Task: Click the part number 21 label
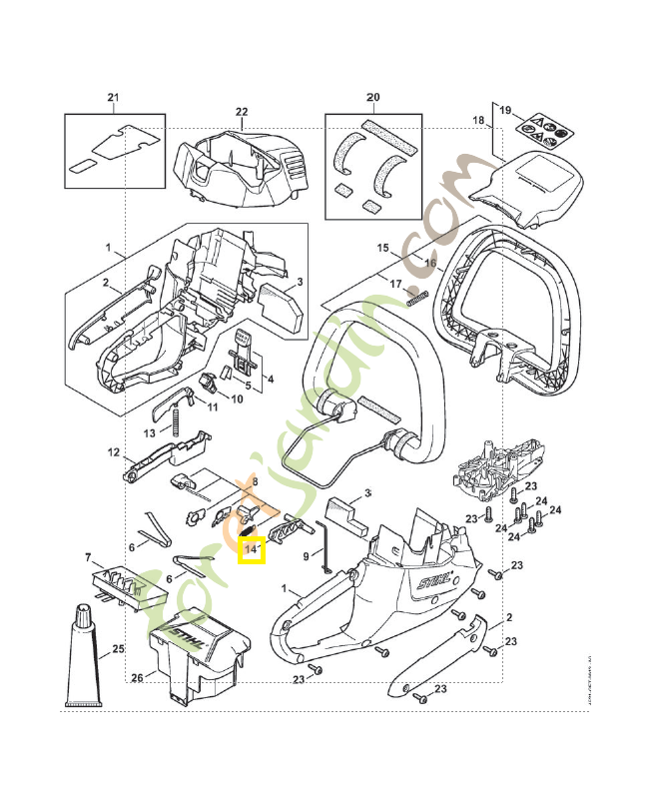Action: tap(113, 98)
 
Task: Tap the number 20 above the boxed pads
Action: tap(373, 98)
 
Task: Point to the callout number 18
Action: tap(478, 121)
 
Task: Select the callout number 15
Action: tap(381, 247)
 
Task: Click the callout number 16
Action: tap(431, 264)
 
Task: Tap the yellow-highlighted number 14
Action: tap(251, 549)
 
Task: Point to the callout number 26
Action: tap(138, 678)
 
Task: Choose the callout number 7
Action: tap(88, 556)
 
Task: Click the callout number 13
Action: tap(149, 432)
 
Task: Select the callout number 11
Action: tap(212, 407)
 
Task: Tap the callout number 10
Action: tap(237, 399)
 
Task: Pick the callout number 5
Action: tap(248, 385)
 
